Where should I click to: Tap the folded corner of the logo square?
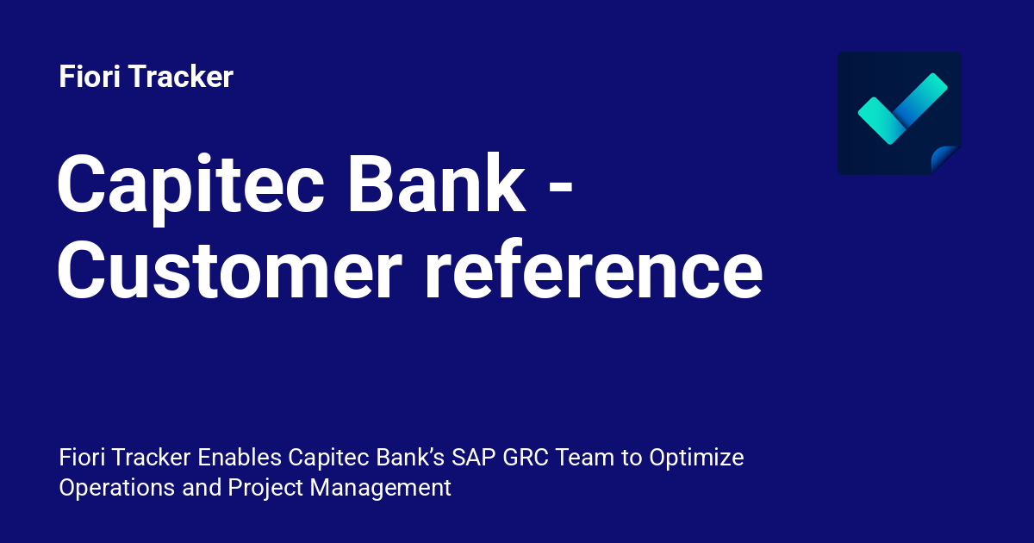[x=945, y=159]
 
